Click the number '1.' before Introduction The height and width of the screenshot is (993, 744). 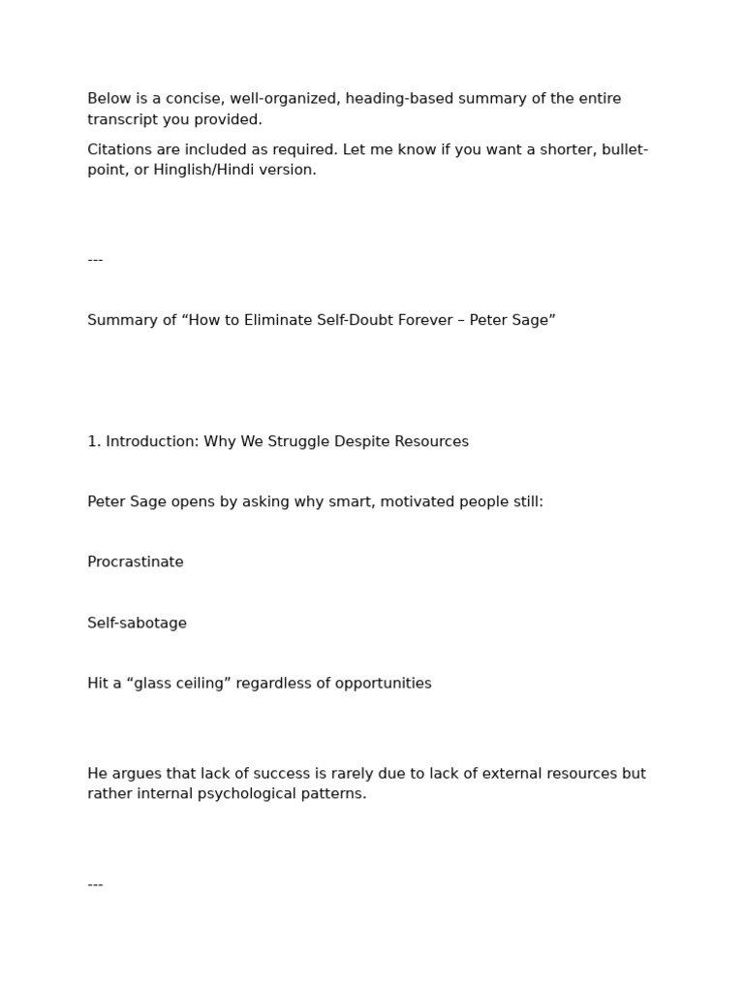pos(94,441)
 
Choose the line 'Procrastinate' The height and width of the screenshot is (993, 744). pos(136,562)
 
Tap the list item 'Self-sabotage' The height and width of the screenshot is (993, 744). pos(138,624)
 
